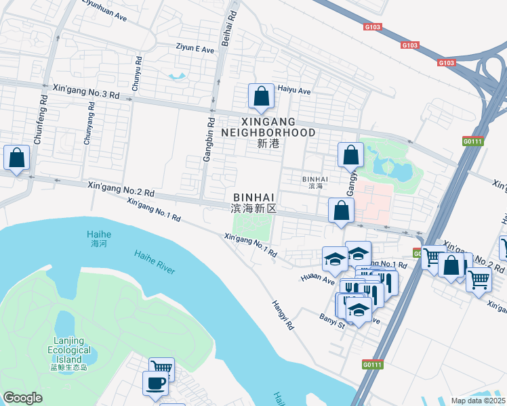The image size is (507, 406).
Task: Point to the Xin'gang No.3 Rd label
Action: point(85,92)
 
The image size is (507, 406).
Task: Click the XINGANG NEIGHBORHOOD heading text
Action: point(268,126)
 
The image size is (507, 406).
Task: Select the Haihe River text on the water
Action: point(155,262)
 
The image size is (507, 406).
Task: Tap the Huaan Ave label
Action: point(318,278)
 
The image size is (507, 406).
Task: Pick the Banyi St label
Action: point(333,317)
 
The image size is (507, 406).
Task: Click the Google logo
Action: point(23,398)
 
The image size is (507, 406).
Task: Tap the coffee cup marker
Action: point(155,383)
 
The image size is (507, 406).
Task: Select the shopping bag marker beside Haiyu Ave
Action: point(261,97)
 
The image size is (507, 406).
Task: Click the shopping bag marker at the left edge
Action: point(17,158)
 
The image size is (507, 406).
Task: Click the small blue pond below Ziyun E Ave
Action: point(178,76)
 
